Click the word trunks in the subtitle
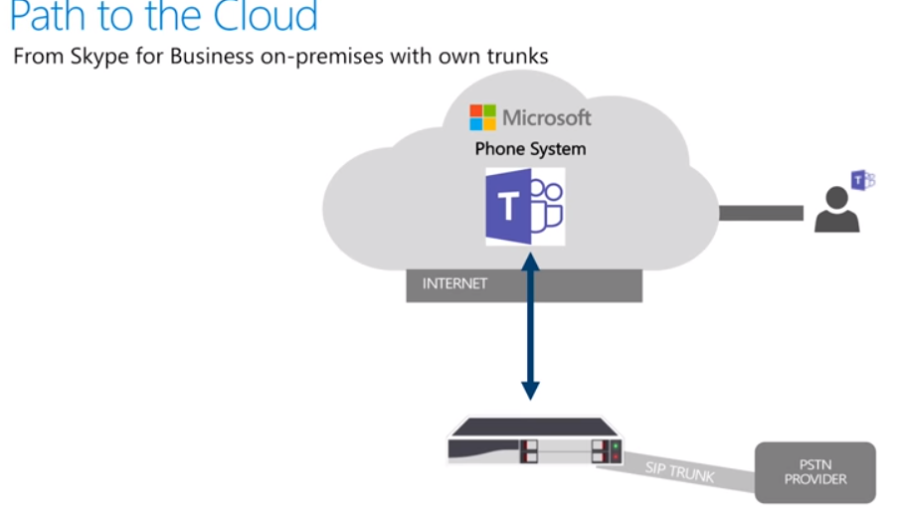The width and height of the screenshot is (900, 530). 516,56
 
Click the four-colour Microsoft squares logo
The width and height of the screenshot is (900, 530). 483,117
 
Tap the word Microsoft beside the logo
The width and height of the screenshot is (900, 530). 547,117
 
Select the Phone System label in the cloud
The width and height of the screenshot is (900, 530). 530,149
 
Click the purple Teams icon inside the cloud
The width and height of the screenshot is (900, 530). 525,207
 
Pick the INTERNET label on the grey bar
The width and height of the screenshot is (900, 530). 454,283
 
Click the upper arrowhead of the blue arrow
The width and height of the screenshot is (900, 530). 530,263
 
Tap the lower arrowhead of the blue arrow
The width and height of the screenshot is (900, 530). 530,390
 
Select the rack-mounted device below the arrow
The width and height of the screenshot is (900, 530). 533,442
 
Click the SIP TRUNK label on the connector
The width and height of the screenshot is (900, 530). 680,470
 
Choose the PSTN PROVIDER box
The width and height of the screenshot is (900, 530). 814,472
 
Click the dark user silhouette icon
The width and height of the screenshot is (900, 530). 835,211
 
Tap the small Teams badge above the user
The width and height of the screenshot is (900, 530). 862,180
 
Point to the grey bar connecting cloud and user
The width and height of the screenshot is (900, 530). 761,213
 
